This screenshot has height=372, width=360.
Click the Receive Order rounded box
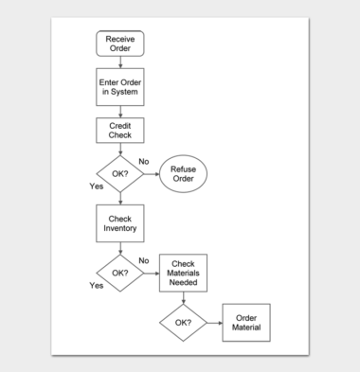click(x=119, y=44)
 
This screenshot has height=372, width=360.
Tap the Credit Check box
click(x=119, y=132)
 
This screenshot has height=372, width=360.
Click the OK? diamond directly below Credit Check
click(x=119, y=174)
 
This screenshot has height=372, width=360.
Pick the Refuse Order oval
click(x=182, y=174)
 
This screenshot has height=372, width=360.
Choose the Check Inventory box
click(x=119, y=223)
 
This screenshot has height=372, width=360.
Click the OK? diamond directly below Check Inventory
click(x=119, y=273)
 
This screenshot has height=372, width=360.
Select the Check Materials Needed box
click(x=183, y=273)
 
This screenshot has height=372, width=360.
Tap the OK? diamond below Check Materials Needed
click(x=183, y=323)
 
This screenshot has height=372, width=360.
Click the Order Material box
click(x=245, y=323)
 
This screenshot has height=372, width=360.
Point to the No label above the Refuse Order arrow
click(x=144, y=162)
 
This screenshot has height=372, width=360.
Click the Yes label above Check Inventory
click(x=97, y=186)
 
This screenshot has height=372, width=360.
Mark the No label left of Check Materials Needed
click(x=144, y=260)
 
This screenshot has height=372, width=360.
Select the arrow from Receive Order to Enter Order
click(x=119, y=61)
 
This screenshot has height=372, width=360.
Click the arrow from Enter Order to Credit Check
click(x=119, y=111)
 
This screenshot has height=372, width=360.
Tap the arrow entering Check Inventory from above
click(x=119, y=199)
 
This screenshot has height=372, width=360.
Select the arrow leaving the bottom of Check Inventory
click(x=119, y=248)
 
